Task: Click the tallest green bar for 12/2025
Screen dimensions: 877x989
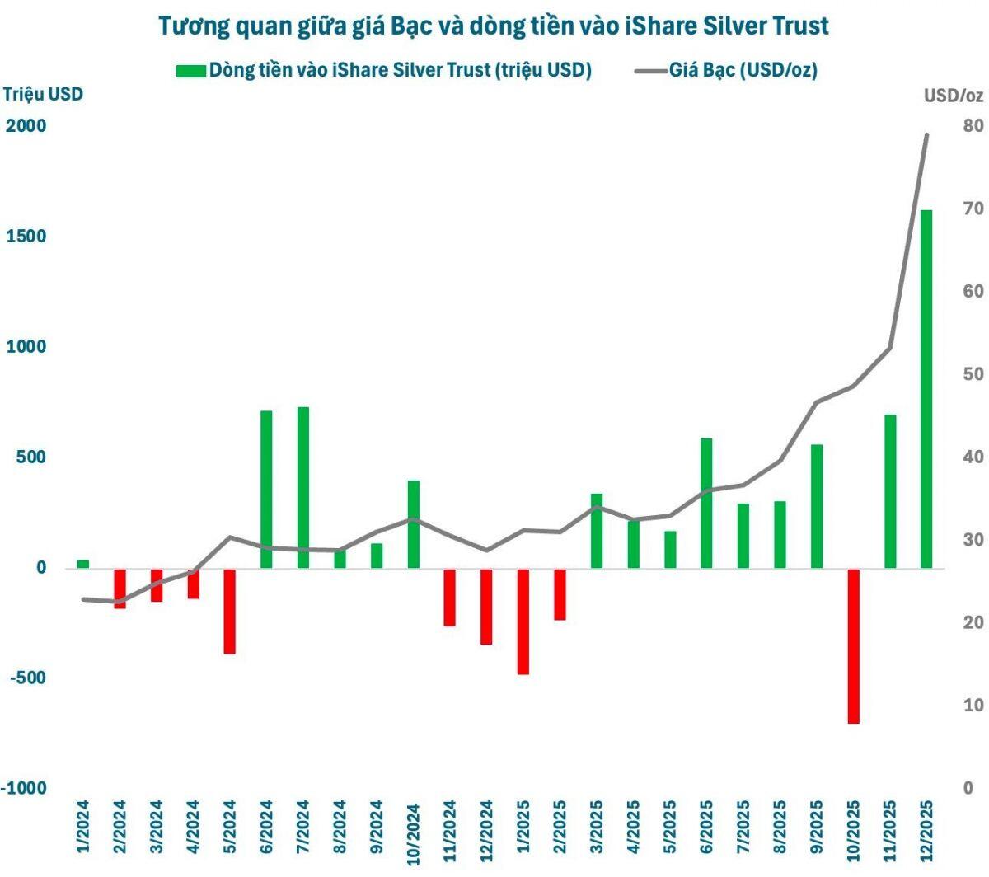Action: [x=926, y=387]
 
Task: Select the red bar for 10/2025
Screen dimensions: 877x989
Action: [x=853, y=645]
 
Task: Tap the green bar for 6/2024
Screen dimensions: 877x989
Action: [x=266, y=489]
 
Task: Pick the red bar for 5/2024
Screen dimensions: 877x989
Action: [x=229, y=611]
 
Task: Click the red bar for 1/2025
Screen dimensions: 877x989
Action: [x=523, y=621]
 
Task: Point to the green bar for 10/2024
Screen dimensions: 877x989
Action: [x=414, y=523]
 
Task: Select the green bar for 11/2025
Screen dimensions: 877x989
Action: [x=890, y=490]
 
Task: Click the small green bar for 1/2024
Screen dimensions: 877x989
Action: [x=83, y=564]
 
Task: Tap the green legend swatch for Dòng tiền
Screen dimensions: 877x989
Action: [x=190, y=71]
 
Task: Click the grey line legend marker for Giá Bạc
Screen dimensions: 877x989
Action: [x=650, y=71]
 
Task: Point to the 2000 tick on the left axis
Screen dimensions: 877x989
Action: [x=26, y=126]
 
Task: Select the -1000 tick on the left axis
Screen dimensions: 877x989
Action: [x=25, y=788]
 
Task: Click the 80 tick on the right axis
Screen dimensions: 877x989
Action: [x=973, y=126]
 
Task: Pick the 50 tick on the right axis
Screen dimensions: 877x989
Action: [x=973, y=374]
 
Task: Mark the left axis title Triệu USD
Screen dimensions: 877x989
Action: [x=43, y=94]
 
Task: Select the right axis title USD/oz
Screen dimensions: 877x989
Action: [x=954, y=96]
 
